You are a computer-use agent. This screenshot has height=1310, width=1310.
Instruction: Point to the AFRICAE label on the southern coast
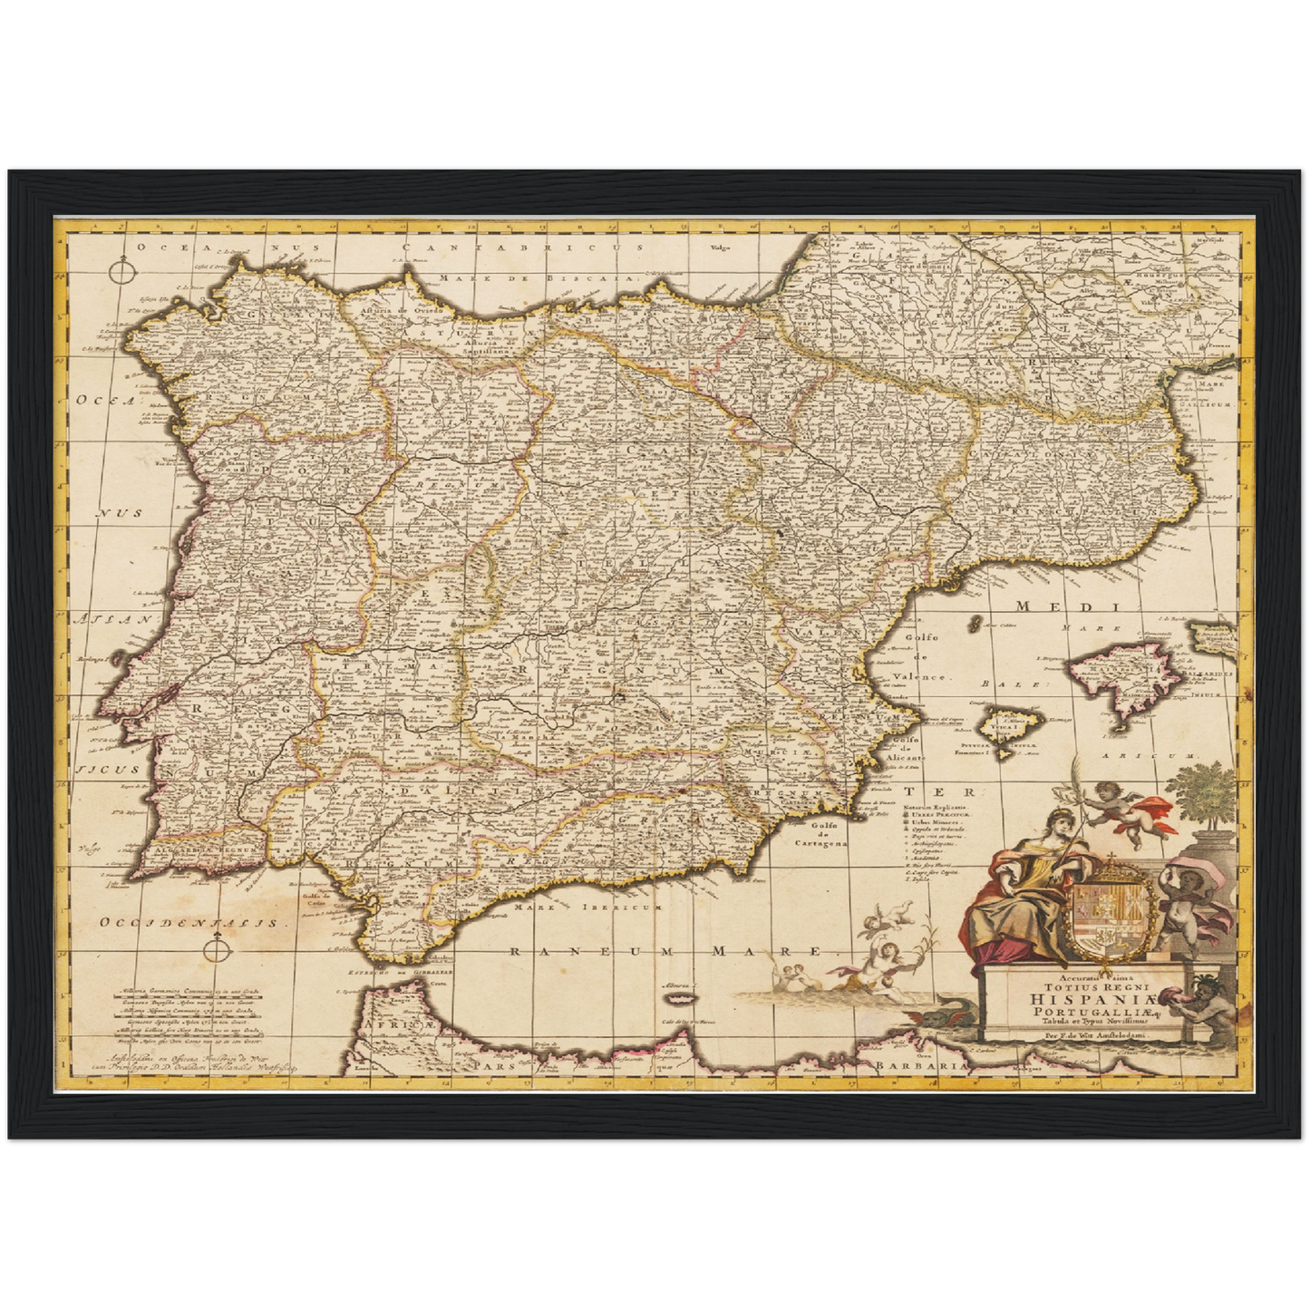(x=400, y=1025)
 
